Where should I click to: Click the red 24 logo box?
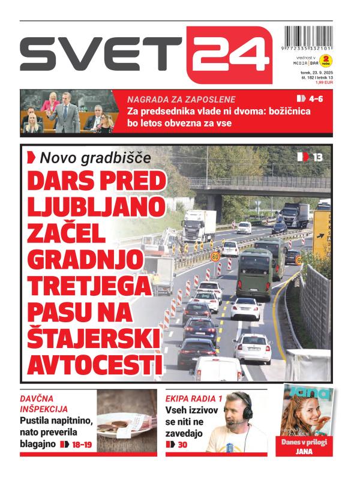(229, 54)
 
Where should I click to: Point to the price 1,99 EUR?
(324, 82)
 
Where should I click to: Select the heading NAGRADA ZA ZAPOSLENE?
(181, 100)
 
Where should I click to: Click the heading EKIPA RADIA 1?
(194, 398)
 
